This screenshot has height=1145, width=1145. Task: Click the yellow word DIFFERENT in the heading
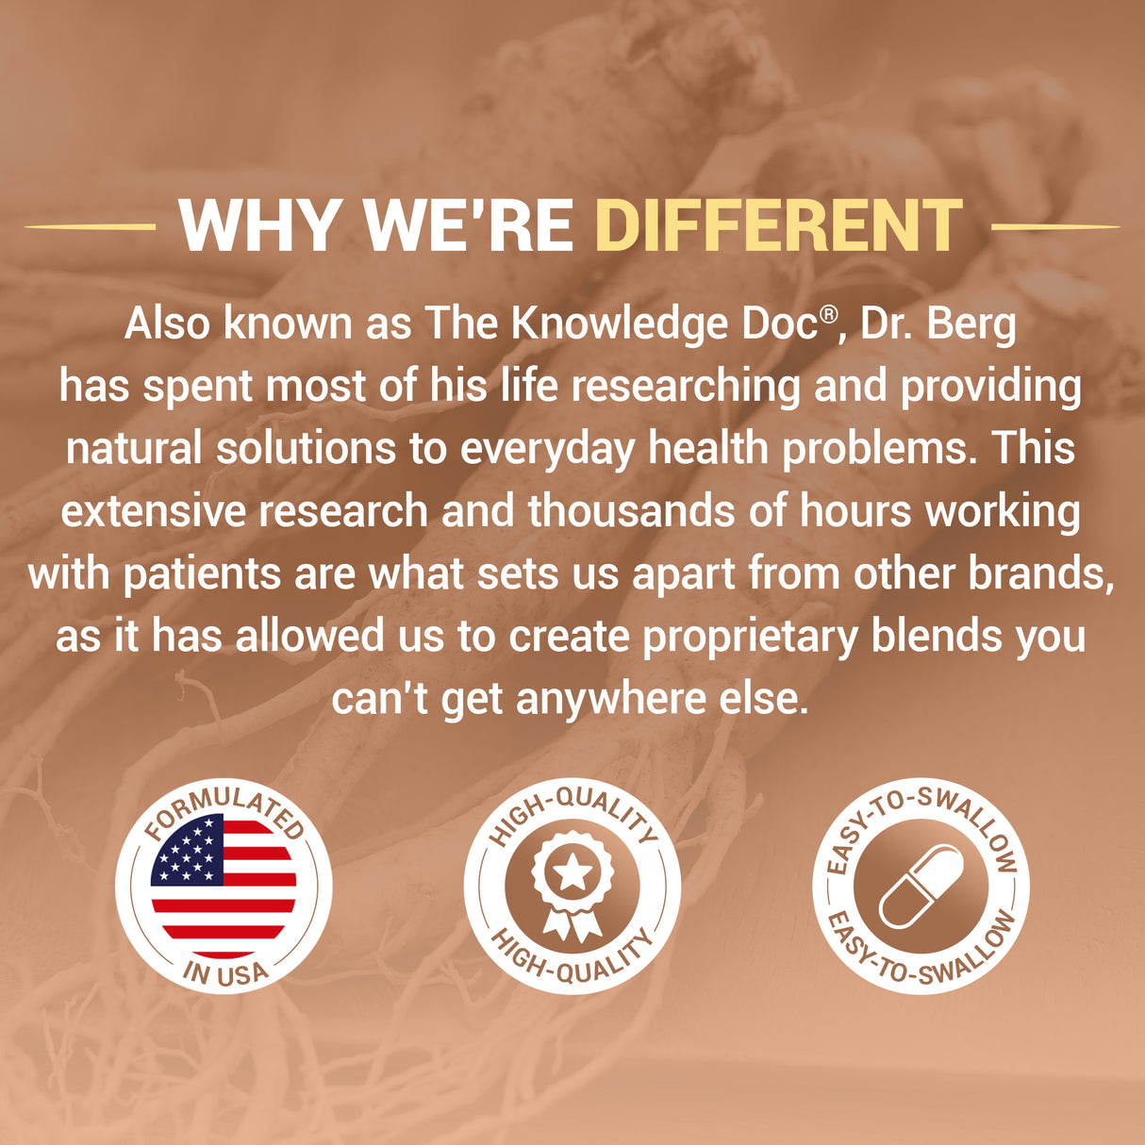(x=779, y=225)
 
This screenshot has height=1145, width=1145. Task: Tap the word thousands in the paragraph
(x=632, y=511)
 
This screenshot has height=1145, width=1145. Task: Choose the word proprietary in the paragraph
(x=751, y=637)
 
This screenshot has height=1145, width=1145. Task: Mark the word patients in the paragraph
(x=202, y=574)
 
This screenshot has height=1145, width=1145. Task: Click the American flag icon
(x=224, y=886)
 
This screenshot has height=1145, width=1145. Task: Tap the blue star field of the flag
(x=187, y=849)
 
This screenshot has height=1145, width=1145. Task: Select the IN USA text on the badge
(x=225, y=973)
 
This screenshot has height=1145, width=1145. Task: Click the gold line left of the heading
(x=90, y=226)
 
